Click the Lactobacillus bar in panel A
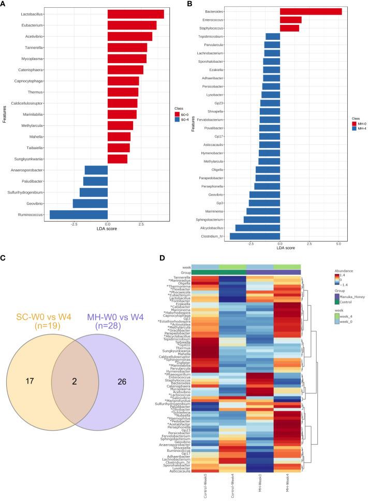[136, 14]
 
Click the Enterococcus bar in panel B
[290, 20]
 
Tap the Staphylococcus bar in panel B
[289, 28]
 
